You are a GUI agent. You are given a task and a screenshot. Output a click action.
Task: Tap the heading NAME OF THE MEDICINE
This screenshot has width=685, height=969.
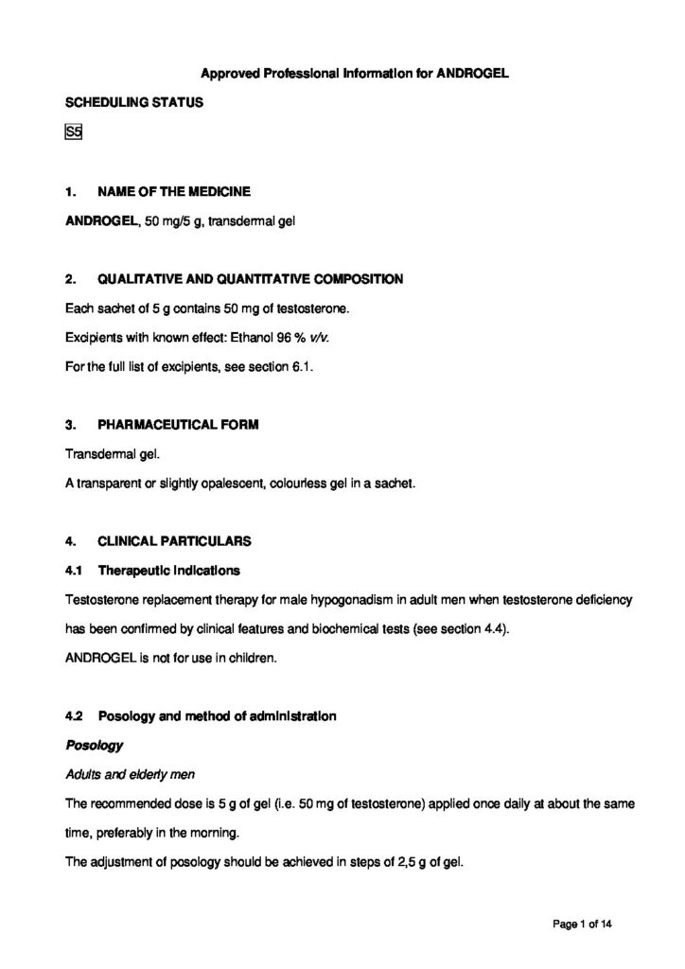[x=174, y=192]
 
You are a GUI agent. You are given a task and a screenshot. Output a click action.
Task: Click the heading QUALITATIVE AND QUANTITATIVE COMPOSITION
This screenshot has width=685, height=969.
[x=250, y=279]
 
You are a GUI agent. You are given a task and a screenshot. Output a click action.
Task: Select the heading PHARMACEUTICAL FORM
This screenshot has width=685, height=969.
[x=178, y=425]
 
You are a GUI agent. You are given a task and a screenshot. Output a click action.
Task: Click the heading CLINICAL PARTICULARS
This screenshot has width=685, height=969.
[x=174, y=541]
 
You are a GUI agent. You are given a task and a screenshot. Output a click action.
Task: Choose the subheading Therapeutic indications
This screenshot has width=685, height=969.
[x=169, y=571]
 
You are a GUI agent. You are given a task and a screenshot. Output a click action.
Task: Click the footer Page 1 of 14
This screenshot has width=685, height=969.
[x=586, y=923]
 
